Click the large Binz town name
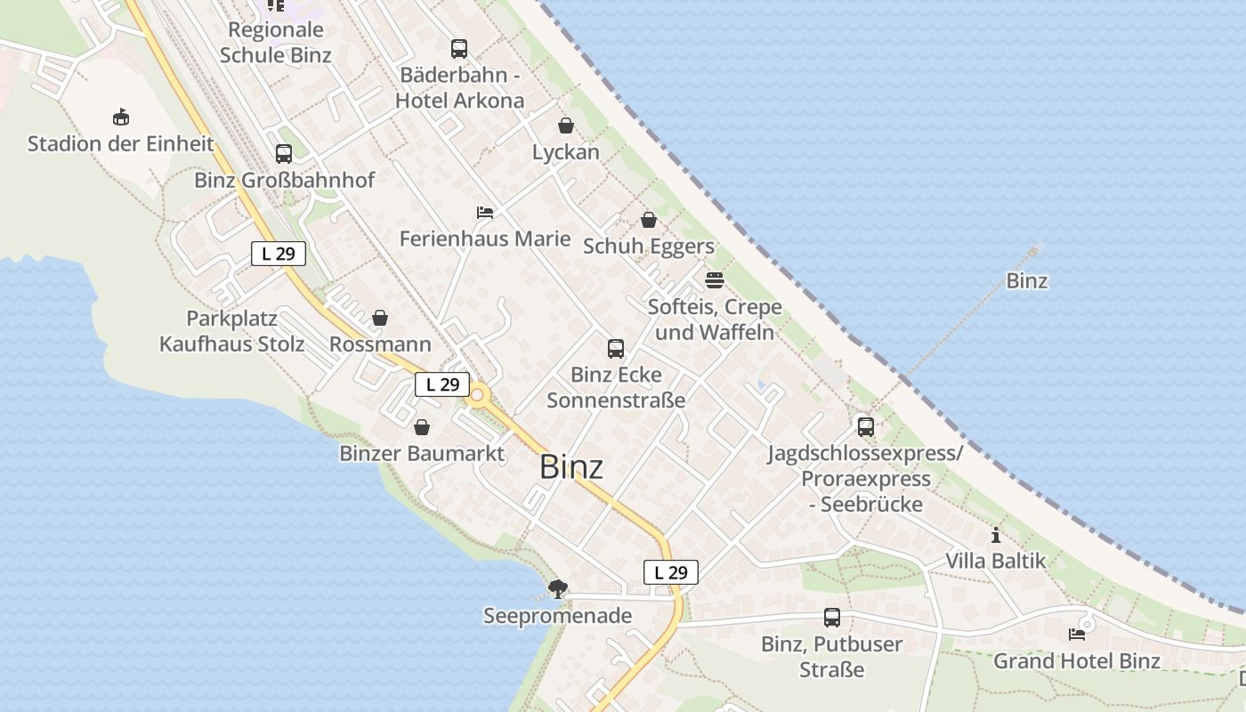point(571,466)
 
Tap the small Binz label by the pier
point(1026,281)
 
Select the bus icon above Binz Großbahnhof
point(284,154)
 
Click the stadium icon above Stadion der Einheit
point(121,117)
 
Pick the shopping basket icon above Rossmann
point(380,318)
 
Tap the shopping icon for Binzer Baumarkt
point(422,427)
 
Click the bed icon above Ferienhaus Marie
point(485,213)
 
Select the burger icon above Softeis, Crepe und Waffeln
point(714,280)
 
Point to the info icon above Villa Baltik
point(995,536)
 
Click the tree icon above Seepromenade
point(558,588)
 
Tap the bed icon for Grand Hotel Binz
point(1077,635)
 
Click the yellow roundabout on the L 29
point(478,394)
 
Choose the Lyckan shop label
point(565,152)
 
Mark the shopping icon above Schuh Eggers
point(649,220)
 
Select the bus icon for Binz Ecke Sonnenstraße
point(616,348)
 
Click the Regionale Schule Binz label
point(276,42)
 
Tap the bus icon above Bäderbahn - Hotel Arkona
point(459,49)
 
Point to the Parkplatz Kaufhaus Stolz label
point(231,331)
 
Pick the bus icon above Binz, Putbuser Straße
point(832,618)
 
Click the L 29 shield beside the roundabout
point(442,384)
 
